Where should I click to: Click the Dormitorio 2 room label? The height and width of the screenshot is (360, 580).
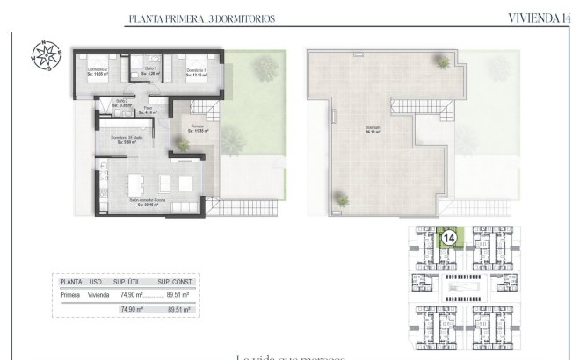98,71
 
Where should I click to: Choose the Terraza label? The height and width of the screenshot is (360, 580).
199,128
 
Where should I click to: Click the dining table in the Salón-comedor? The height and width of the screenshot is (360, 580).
134,184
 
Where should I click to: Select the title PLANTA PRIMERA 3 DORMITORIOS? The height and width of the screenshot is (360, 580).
188,18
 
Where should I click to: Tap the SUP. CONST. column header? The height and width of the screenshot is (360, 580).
174,282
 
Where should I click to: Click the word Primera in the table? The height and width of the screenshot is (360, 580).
70,297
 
